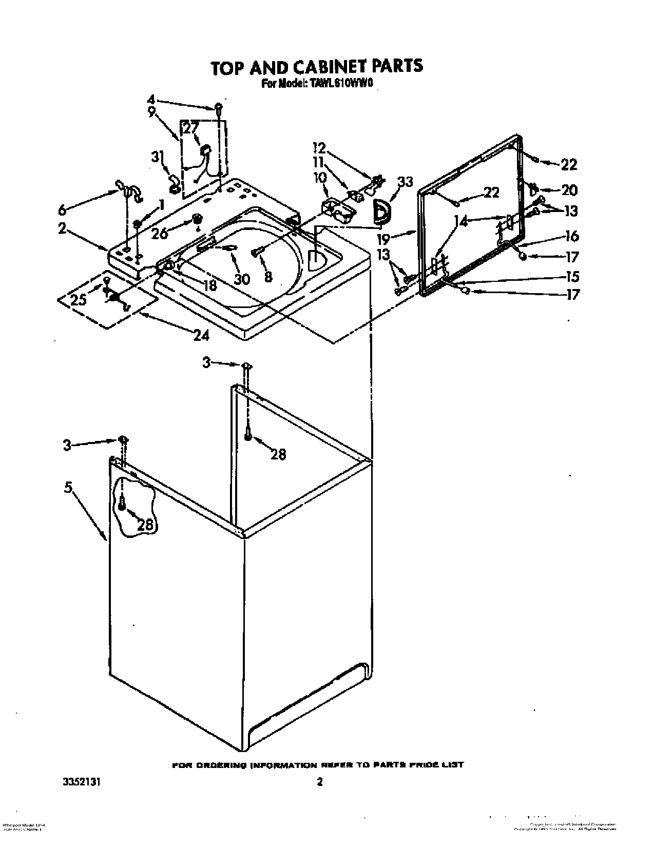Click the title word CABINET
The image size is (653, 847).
coord(321,66)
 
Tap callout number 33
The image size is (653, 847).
coord(405,182)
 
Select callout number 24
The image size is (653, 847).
coord(201,335)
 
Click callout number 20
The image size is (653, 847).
coord(569,190)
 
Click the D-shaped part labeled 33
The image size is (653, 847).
coord(381,213)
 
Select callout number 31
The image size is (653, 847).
coord(156,158)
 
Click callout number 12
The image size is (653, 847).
coord(319,148)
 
